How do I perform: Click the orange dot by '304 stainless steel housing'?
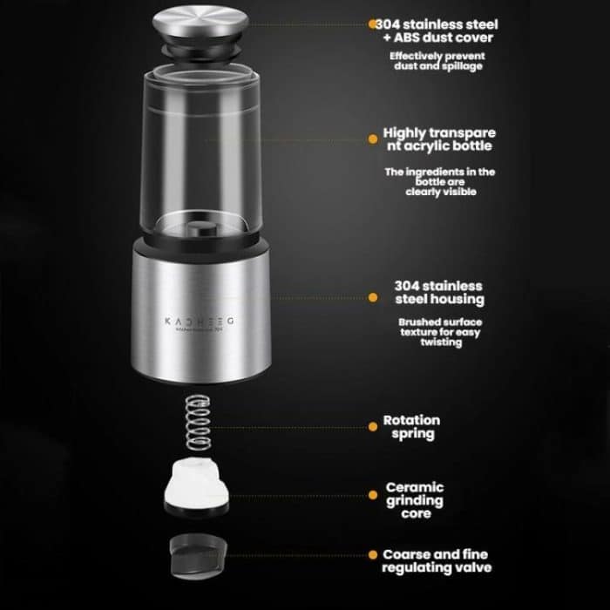(373, 297)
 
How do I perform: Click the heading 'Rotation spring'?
(411, 427)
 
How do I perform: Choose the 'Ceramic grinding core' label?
(415, 500)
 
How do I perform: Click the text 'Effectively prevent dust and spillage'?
(436, 61)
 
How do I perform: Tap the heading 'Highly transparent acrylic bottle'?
(439, 140)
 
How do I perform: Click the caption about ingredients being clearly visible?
(440, 182)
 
